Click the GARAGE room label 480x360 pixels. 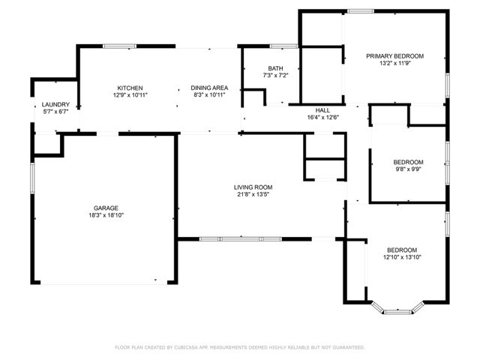click(x=106, y=208)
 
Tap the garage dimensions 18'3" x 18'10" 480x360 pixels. click(x=106, y=215)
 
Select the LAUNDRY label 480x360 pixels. click(x=55, y=104)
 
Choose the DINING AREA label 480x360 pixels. click(x=209, y=88)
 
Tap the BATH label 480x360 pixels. click(x=275, y=68)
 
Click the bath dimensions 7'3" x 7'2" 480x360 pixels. click(x=275, y=76)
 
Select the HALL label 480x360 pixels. click(x=322, y=109)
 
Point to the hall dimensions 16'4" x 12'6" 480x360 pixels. click(x=322, y=117)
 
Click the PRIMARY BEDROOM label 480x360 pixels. click(x=394, y=56)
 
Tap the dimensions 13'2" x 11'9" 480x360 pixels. click(x=394, y=64)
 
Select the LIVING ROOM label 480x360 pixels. click(x=252, y=187)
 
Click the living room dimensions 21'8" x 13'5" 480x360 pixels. click(x=252, y=195)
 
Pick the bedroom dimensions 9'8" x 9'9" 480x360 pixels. click(x=408, y=170)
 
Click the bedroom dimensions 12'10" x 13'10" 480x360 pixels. click(x=403, y=257)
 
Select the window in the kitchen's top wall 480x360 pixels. click(x=119, y=46)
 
